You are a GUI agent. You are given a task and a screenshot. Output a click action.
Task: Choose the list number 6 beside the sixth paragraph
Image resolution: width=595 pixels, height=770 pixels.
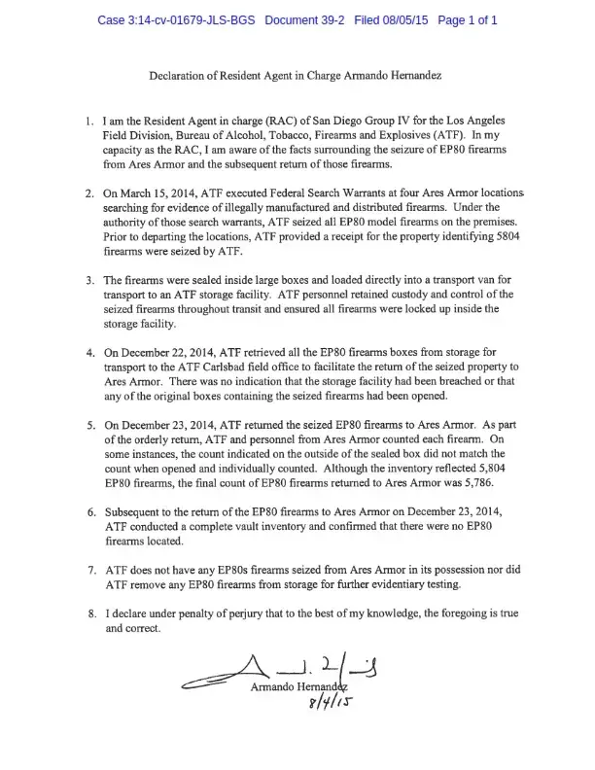(x=91, y=511)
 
